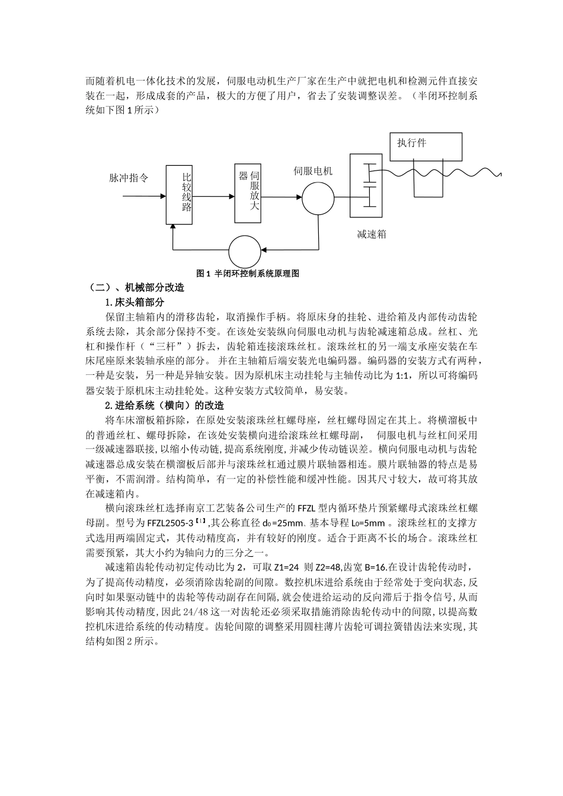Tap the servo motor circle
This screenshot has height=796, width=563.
click(x=318, y=198)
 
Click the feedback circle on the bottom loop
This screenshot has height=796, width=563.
click(x=244, y=251)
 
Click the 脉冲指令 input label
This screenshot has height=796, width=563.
click(x=129, y=178)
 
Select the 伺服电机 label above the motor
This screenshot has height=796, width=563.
click(x=314, y=171)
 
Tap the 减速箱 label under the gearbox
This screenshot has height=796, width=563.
click(x=372, y=234)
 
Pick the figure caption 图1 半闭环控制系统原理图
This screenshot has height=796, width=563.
click(x=247, y=274)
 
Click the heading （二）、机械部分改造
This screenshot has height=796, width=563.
click(x=136, y=288)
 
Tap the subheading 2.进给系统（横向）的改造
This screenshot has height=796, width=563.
click(x=164, y=406)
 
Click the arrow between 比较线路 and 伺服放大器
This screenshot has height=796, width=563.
click(x=213, y=196)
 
